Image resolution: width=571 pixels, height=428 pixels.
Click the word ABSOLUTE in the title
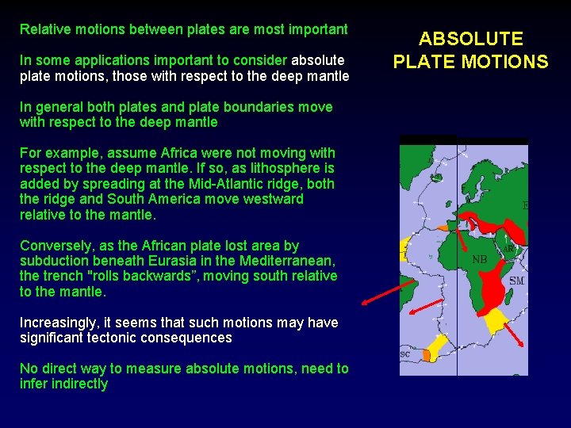tap(471, 39)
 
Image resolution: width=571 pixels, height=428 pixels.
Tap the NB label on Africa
tap(480, 259)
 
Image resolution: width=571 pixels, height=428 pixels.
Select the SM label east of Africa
tap(516, 281)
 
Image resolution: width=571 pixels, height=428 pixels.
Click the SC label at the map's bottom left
tap(404, 354)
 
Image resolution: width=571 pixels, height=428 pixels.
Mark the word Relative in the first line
tap(45, 29)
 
